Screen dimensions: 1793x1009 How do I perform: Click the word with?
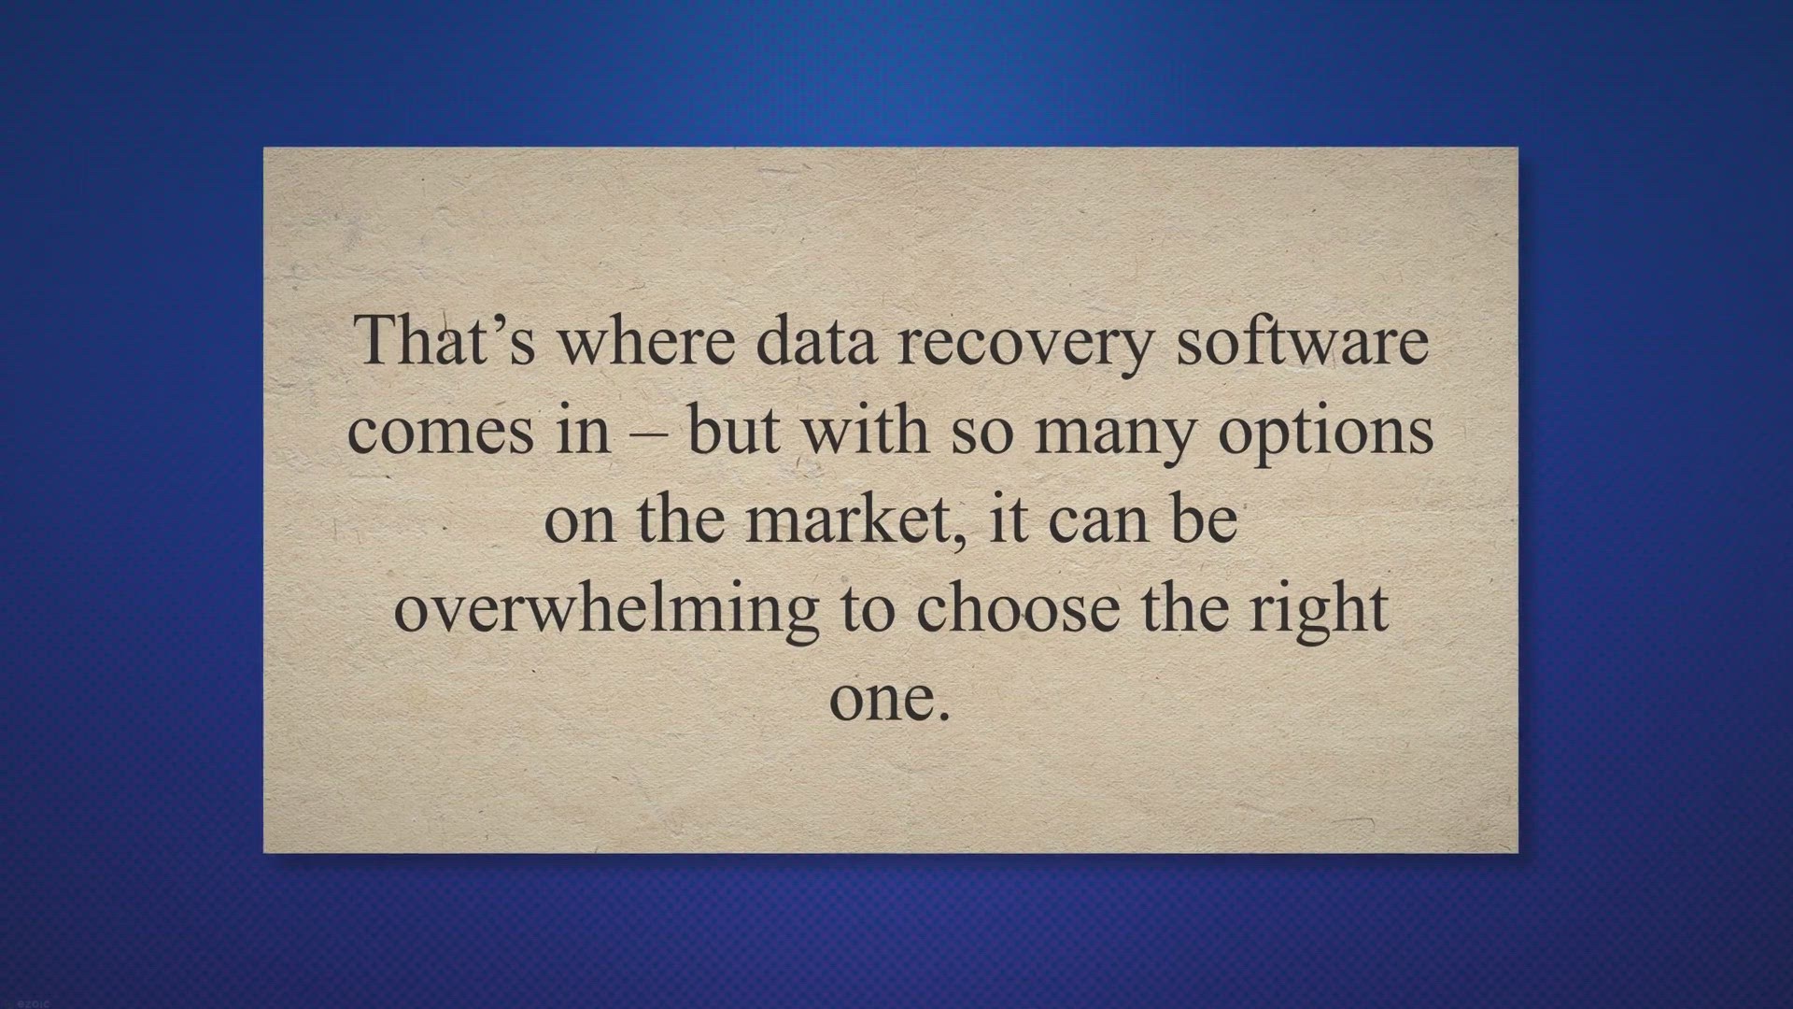[865, 429]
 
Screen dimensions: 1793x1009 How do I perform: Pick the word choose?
[1017, 608]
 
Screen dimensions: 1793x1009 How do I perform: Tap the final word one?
[878, 703]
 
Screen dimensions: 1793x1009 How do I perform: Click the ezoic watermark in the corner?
[18, 1002]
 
